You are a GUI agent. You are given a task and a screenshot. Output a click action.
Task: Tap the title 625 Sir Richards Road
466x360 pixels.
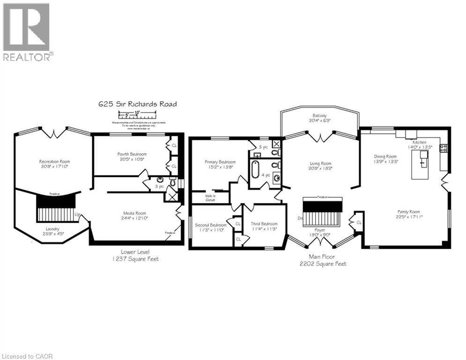point(137,104)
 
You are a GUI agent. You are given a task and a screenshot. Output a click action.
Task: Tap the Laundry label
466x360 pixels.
point(52,231)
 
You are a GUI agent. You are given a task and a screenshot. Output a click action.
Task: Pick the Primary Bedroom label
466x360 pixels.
point(219,165)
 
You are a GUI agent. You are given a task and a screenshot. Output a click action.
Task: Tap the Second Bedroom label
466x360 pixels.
point(211,227)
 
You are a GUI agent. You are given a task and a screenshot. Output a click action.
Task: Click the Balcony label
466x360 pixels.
point(320,118)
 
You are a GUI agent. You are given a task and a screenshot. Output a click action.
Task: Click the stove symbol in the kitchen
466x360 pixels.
point(443,148)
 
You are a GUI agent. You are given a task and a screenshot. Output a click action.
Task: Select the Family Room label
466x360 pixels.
point(409,214)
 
